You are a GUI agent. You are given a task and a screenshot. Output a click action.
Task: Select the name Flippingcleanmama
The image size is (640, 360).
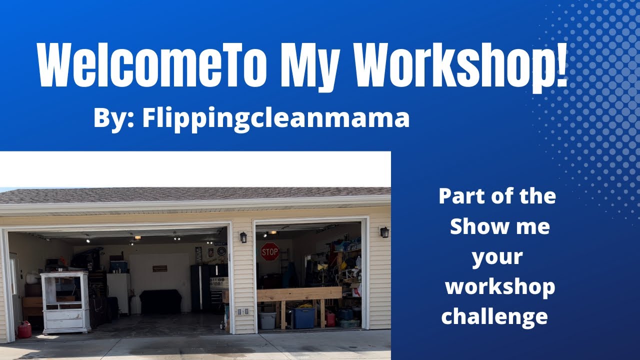point(275,119)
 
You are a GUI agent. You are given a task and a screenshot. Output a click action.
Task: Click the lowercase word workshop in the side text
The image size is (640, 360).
point(500,287)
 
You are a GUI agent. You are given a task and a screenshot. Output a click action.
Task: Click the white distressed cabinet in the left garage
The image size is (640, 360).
point(65,302)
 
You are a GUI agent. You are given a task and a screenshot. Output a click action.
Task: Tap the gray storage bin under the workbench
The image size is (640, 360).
point(267,320)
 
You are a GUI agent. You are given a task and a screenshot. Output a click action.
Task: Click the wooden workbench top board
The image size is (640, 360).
point(299,293)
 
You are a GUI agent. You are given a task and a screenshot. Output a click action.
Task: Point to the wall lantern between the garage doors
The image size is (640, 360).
point(243,237)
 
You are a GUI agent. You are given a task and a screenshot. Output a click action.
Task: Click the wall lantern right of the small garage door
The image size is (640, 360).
point(384,232)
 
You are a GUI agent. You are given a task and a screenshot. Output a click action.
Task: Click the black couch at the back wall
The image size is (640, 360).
point(160,301)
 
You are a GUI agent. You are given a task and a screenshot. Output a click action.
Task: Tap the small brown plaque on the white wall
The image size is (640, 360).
point(160,268)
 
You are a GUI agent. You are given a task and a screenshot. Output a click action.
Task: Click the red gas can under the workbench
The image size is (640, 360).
point(330,318)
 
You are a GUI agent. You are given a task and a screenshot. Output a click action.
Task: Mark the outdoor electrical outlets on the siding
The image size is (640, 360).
point(243,311)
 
